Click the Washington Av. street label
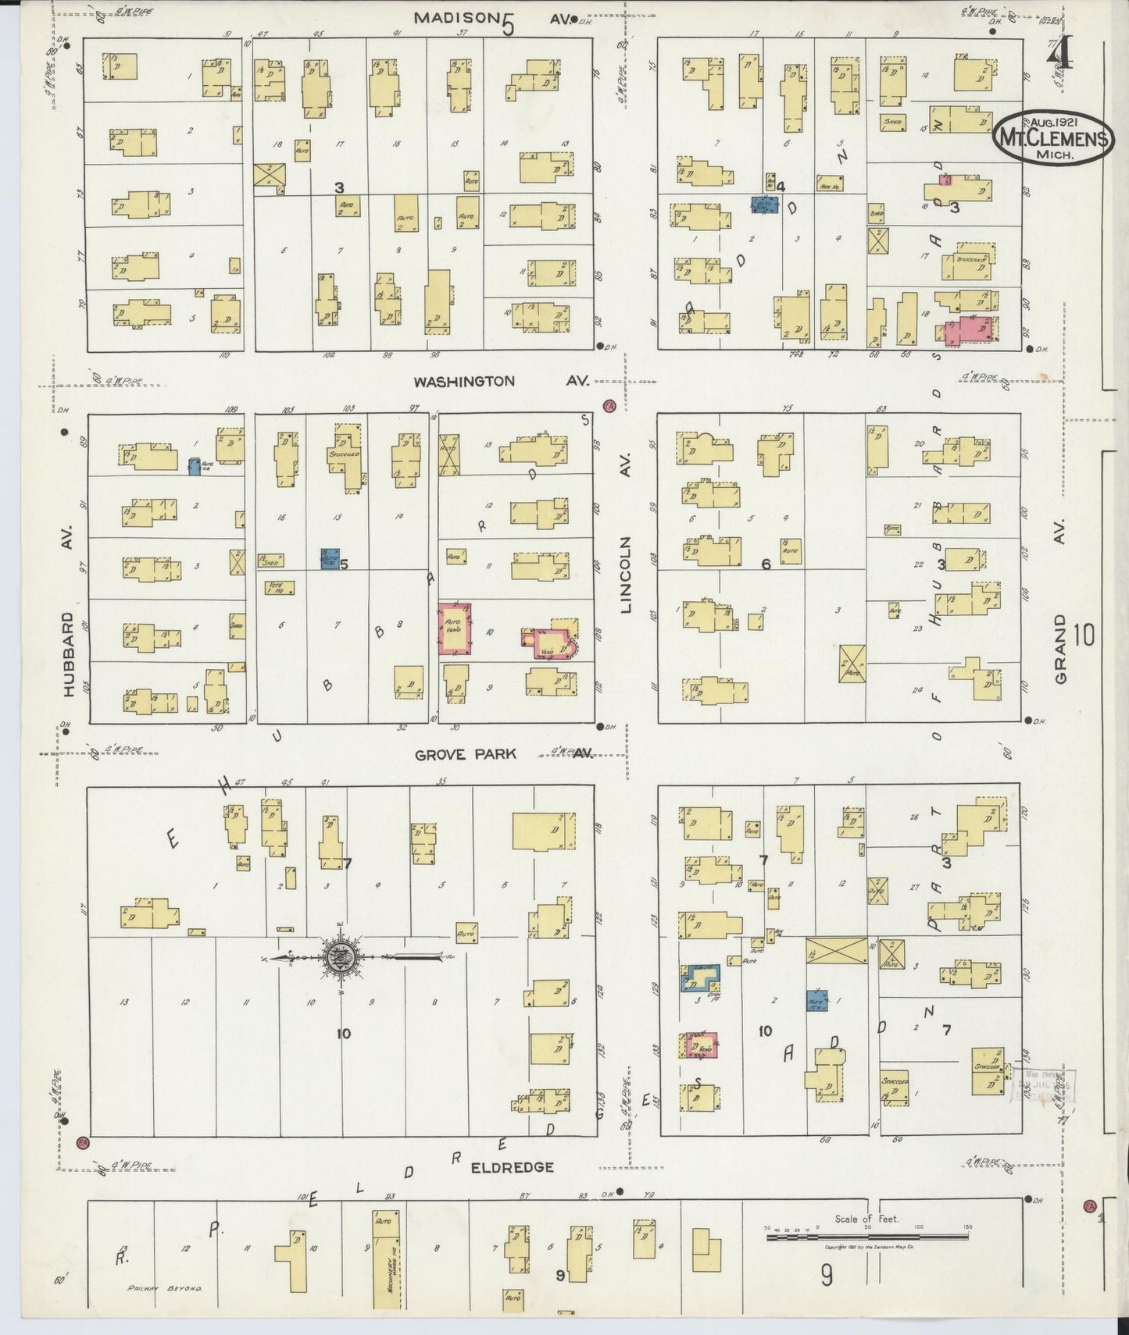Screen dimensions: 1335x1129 500,382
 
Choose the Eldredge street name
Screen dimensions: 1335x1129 513,1167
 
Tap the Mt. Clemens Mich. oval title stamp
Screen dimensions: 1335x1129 1053,140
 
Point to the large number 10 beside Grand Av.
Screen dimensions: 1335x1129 1084,635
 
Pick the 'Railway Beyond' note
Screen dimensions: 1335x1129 165,1288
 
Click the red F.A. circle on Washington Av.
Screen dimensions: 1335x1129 609,405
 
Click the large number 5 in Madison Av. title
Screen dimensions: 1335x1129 509,26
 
